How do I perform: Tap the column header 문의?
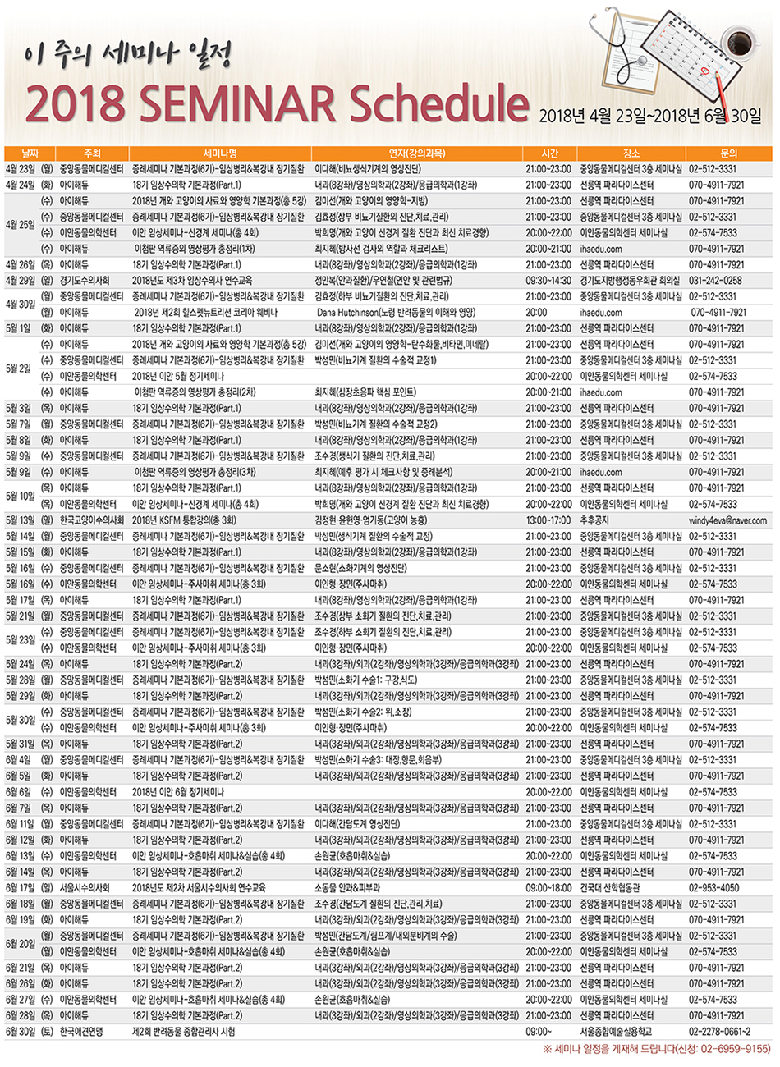pyautogui.click(x=728, y=153)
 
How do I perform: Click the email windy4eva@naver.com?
pyautogui.click(x=727, y=520)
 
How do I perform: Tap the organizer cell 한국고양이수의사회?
pyautogui.click(x=91, y=520)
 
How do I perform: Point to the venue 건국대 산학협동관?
pyautogui.click(x=610, y=887)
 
